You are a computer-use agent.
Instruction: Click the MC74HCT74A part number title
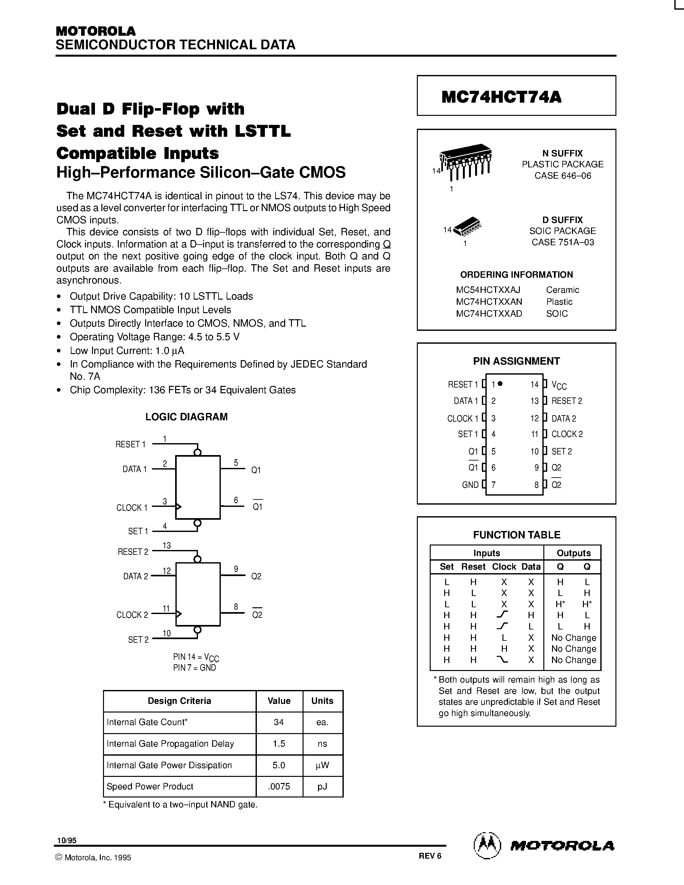coord(501,97)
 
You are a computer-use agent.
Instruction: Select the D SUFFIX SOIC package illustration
coord(467,228)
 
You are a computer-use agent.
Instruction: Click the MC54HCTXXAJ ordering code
coord(488,290)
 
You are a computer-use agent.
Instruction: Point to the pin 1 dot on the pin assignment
coord(500,383)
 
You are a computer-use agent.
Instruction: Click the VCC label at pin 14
coord(559,385)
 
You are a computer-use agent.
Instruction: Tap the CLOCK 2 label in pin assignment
coord(567,434)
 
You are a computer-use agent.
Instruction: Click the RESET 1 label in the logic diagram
coord(130,444)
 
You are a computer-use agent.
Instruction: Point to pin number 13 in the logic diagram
coord(166,545)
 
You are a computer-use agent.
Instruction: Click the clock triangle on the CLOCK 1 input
coord(178,507)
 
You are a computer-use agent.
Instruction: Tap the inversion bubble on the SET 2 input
coord(197,630)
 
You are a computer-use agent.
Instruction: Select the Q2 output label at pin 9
coord(256,576)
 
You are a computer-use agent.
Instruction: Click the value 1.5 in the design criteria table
coord(279,744)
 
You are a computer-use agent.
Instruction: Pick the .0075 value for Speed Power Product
coord(279,787)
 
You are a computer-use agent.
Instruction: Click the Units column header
coord(322,701)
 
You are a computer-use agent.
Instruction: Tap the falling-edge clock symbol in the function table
coord(502,660)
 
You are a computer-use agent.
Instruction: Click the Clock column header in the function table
coord(504,566)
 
